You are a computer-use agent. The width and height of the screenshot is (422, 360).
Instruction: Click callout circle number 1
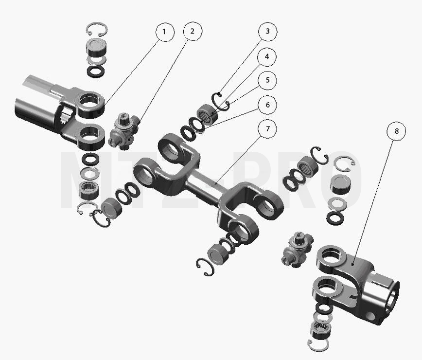coord(165,32)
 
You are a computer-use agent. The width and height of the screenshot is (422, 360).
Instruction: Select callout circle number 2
coord(193,31)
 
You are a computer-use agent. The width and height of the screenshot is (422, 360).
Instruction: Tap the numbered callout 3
coord(267,32)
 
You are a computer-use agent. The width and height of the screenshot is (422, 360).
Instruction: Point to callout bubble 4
coord(267,57)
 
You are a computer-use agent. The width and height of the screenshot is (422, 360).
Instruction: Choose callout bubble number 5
coord(267,80)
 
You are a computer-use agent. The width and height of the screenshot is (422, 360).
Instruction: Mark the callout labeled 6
coord(267,105)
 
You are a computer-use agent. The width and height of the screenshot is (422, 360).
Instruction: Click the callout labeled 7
coord(267,129)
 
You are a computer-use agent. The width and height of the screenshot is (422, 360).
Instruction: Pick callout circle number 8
coord(396,131)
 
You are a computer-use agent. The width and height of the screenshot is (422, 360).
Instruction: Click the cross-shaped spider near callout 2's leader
coord(124,131)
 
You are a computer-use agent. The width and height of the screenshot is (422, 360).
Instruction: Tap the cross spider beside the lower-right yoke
coord(297,250)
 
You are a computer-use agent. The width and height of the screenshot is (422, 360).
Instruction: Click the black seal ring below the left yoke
coord(90,159)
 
